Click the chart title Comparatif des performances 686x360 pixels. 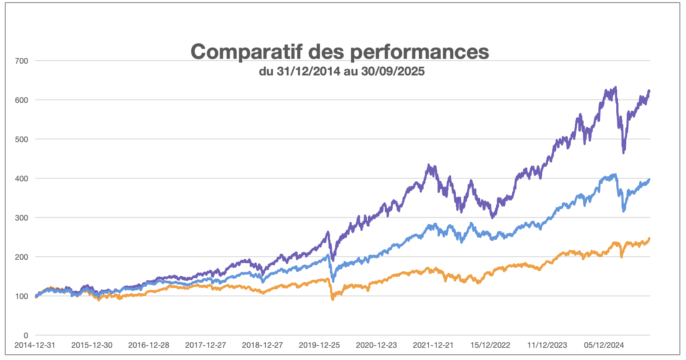(340, 51)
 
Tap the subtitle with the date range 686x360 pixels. (342, 71)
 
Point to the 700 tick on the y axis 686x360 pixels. (21, 61)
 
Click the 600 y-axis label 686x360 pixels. (21, 100)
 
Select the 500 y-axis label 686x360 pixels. (21, 139)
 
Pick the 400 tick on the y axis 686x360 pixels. (21, 179)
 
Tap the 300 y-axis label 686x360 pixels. (21, 218)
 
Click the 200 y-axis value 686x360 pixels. (21, 257)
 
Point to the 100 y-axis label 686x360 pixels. (21, 296)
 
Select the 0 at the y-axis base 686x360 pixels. (26, 336)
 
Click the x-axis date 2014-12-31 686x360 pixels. (35, 345)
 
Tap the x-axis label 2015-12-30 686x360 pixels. (92, 345)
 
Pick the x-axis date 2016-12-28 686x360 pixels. (149, 345)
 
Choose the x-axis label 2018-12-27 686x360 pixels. (262, 345)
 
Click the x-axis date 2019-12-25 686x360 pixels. (319, 345)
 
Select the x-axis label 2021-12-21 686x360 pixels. (433, 345)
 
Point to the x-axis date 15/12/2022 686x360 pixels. (490, 345)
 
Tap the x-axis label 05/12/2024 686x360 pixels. (604, 345)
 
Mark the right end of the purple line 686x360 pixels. (649, 91)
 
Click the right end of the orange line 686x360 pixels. (649, 238)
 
